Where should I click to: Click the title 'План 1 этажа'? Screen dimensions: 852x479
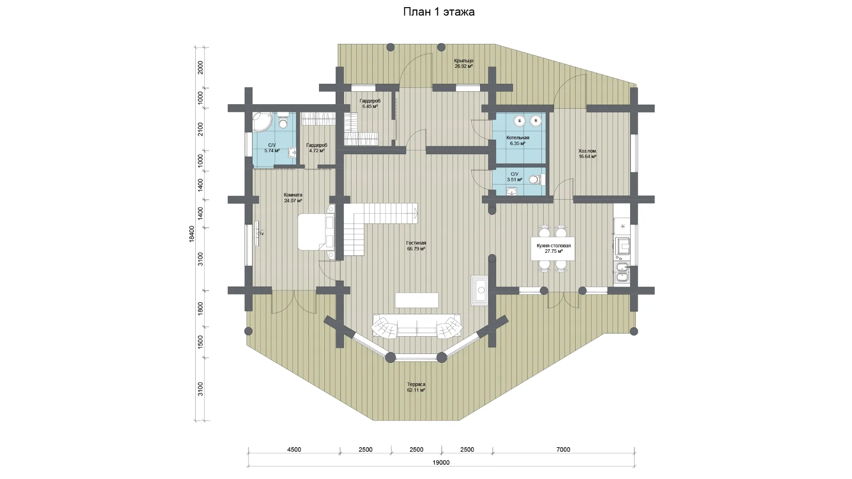coord(439,12)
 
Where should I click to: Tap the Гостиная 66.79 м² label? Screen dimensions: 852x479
coord(416,246)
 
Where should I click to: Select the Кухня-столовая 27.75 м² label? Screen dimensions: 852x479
coord(553,248)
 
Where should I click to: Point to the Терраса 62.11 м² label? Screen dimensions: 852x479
coord(416,387)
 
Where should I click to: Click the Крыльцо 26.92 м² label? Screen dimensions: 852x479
coord(464,63)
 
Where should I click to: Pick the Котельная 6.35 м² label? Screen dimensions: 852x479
coord(518,141)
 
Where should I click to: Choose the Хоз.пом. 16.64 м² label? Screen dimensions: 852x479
coord(588,153)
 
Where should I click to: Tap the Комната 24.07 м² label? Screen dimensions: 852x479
coord(293,197)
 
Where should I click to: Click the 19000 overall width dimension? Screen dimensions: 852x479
coord(441,463)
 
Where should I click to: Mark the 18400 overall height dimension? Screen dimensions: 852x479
coord(192,234)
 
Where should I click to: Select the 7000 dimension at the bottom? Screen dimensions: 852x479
coord(563,449)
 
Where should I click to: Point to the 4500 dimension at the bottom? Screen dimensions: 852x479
coord(294,449)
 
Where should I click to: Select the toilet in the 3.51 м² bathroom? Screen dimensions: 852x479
coord(538,180)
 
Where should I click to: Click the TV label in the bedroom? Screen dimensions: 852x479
coord(261,234)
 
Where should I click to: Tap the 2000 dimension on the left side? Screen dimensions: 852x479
coord(200,67)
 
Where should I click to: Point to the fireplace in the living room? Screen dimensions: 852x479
coord(480,290)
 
